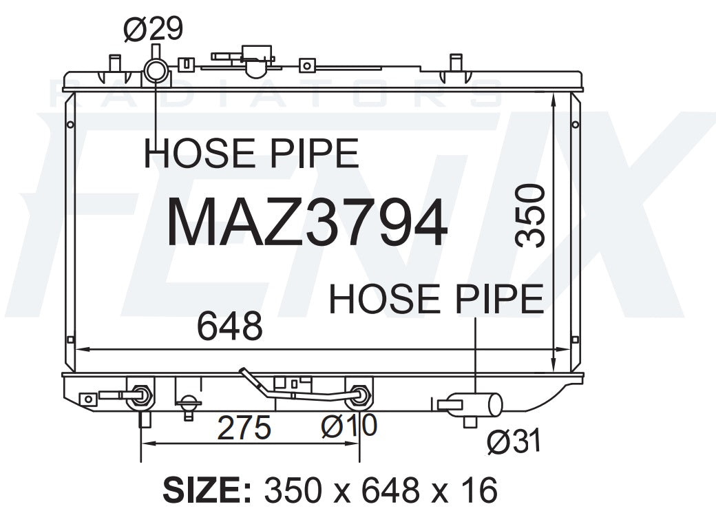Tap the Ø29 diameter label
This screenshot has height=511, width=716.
click(x=153, y=28)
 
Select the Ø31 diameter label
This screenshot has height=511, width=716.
click(x=514, y=441)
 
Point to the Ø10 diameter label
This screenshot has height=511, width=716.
click(x=349, y=426)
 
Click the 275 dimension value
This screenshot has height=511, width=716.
click(x=244, y=428)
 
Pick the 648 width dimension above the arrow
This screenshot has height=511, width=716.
click(x=230, y=326)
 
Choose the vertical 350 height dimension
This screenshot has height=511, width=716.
click(x=529, y=216)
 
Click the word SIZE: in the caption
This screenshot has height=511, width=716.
click(x=207, y=490)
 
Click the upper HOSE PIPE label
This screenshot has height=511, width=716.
click(x=251, y=154)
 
